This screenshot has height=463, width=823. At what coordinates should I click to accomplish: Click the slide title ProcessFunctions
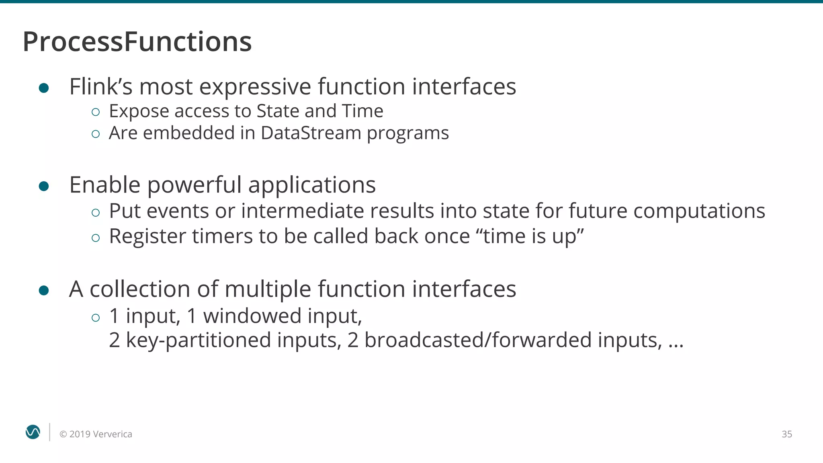137,42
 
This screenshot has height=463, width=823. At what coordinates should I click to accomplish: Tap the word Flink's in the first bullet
101,86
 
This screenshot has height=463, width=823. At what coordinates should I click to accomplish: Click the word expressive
255,87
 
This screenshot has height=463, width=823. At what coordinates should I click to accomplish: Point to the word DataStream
311,133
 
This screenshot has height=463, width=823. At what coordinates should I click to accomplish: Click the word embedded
188,133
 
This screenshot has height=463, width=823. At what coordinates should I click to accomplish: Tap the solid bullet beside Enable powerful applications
44,186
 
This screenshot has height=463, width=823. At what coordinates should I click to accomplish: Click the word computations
699,211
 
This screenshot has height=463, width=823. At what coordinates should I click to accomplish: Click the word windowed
252,315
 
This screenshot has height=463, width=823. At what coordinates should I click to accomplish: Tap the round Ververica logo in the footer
33,432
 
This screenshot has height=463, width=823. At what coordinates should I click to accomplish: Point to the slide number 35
786,434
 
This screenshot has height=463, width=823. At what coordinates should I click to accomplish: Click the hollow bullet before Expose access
95,112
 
